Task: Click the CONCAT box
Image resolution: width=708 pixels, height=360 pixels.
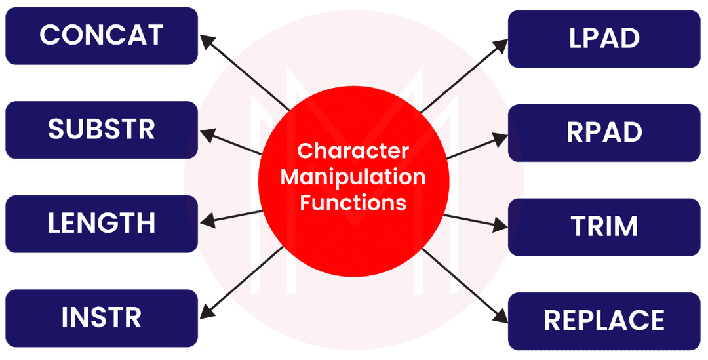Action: click(x=101, y=35)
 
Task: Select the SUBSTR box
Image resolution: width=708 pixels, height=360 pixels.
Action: click(x=101, y=129)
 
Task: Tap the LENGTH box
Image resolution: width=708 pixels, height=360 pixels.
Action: click(x=101, y=224)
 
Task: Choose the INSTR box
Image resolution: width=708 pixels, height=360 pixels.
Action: click(x=101, y=318)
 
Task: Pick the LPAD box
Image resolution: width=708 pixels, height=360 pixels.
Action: click(x=604, y=38)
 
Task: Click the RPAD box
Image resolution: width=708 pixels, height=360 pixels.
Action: click(x=604, y=132)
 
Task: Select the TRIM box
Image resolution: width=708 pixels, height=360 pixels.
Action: click(x=604, y=226)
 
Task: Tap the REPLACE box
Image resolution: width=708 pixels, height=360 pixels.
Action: click(x=604, y=321)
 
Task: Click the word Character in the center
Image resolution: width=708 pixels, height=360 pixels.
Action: click(x=353, y=151)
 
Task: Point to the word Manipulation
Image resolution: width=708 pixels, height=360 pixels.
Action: click(x=353, y=177)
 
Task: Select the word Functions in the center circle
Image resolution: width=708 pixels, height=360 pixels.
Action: click(x=353, y=202)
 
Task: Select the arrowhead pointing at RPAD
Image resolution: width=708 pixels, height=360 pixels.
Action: click(x=500, y=138)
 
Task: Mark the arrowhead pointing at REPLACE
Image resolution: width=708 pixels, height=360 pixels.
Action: click(x=501, y=316)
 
